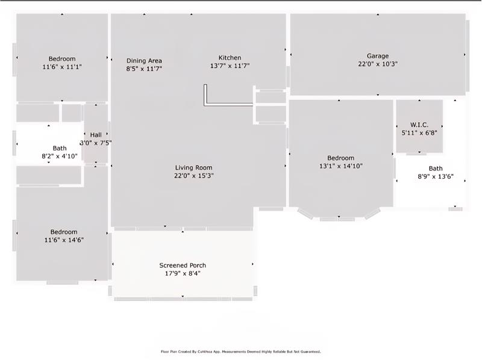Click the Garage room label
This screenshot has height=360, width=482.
(378, 55)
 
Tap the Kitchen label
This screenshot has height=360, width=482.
(230, 57)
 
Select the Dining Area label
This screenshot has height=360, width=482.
(144, 60)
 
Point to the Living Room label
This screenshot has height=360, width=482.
(193, 167)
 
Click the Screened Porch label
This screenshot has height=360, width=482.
(182, 265)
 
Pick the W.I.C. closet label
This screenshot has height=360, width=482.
(419, 125)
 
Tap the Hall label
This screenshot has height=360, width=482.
(96, 135)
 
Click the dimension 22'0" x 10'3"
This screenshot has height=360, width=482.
(378, 64)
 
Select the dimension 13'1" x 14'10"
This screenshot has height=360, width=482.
(340, 166)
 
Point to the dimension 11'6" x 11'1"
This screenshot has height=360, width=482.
(62, 67)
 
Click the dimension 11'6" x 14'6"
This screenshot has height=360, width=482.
(63, 240)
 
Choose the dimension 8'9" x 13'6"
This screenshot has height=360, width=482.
(435, 177)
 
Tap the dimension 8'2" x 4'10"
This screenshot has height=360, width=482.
(60, 156)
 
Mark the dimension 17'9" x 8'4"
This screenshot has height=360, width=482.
(182, 273)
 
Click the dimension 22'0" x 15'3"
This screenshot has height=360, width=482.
(193, 176)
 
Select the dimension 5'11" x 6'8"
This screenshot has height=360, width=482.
(419, 133)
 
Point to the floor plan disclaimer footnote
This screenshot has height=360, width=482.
(240, 352)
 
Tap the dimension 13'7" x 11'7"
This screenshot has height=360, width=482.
(230, 66)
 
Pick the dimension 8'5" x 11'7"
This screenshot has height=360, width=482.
(144, 69)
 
